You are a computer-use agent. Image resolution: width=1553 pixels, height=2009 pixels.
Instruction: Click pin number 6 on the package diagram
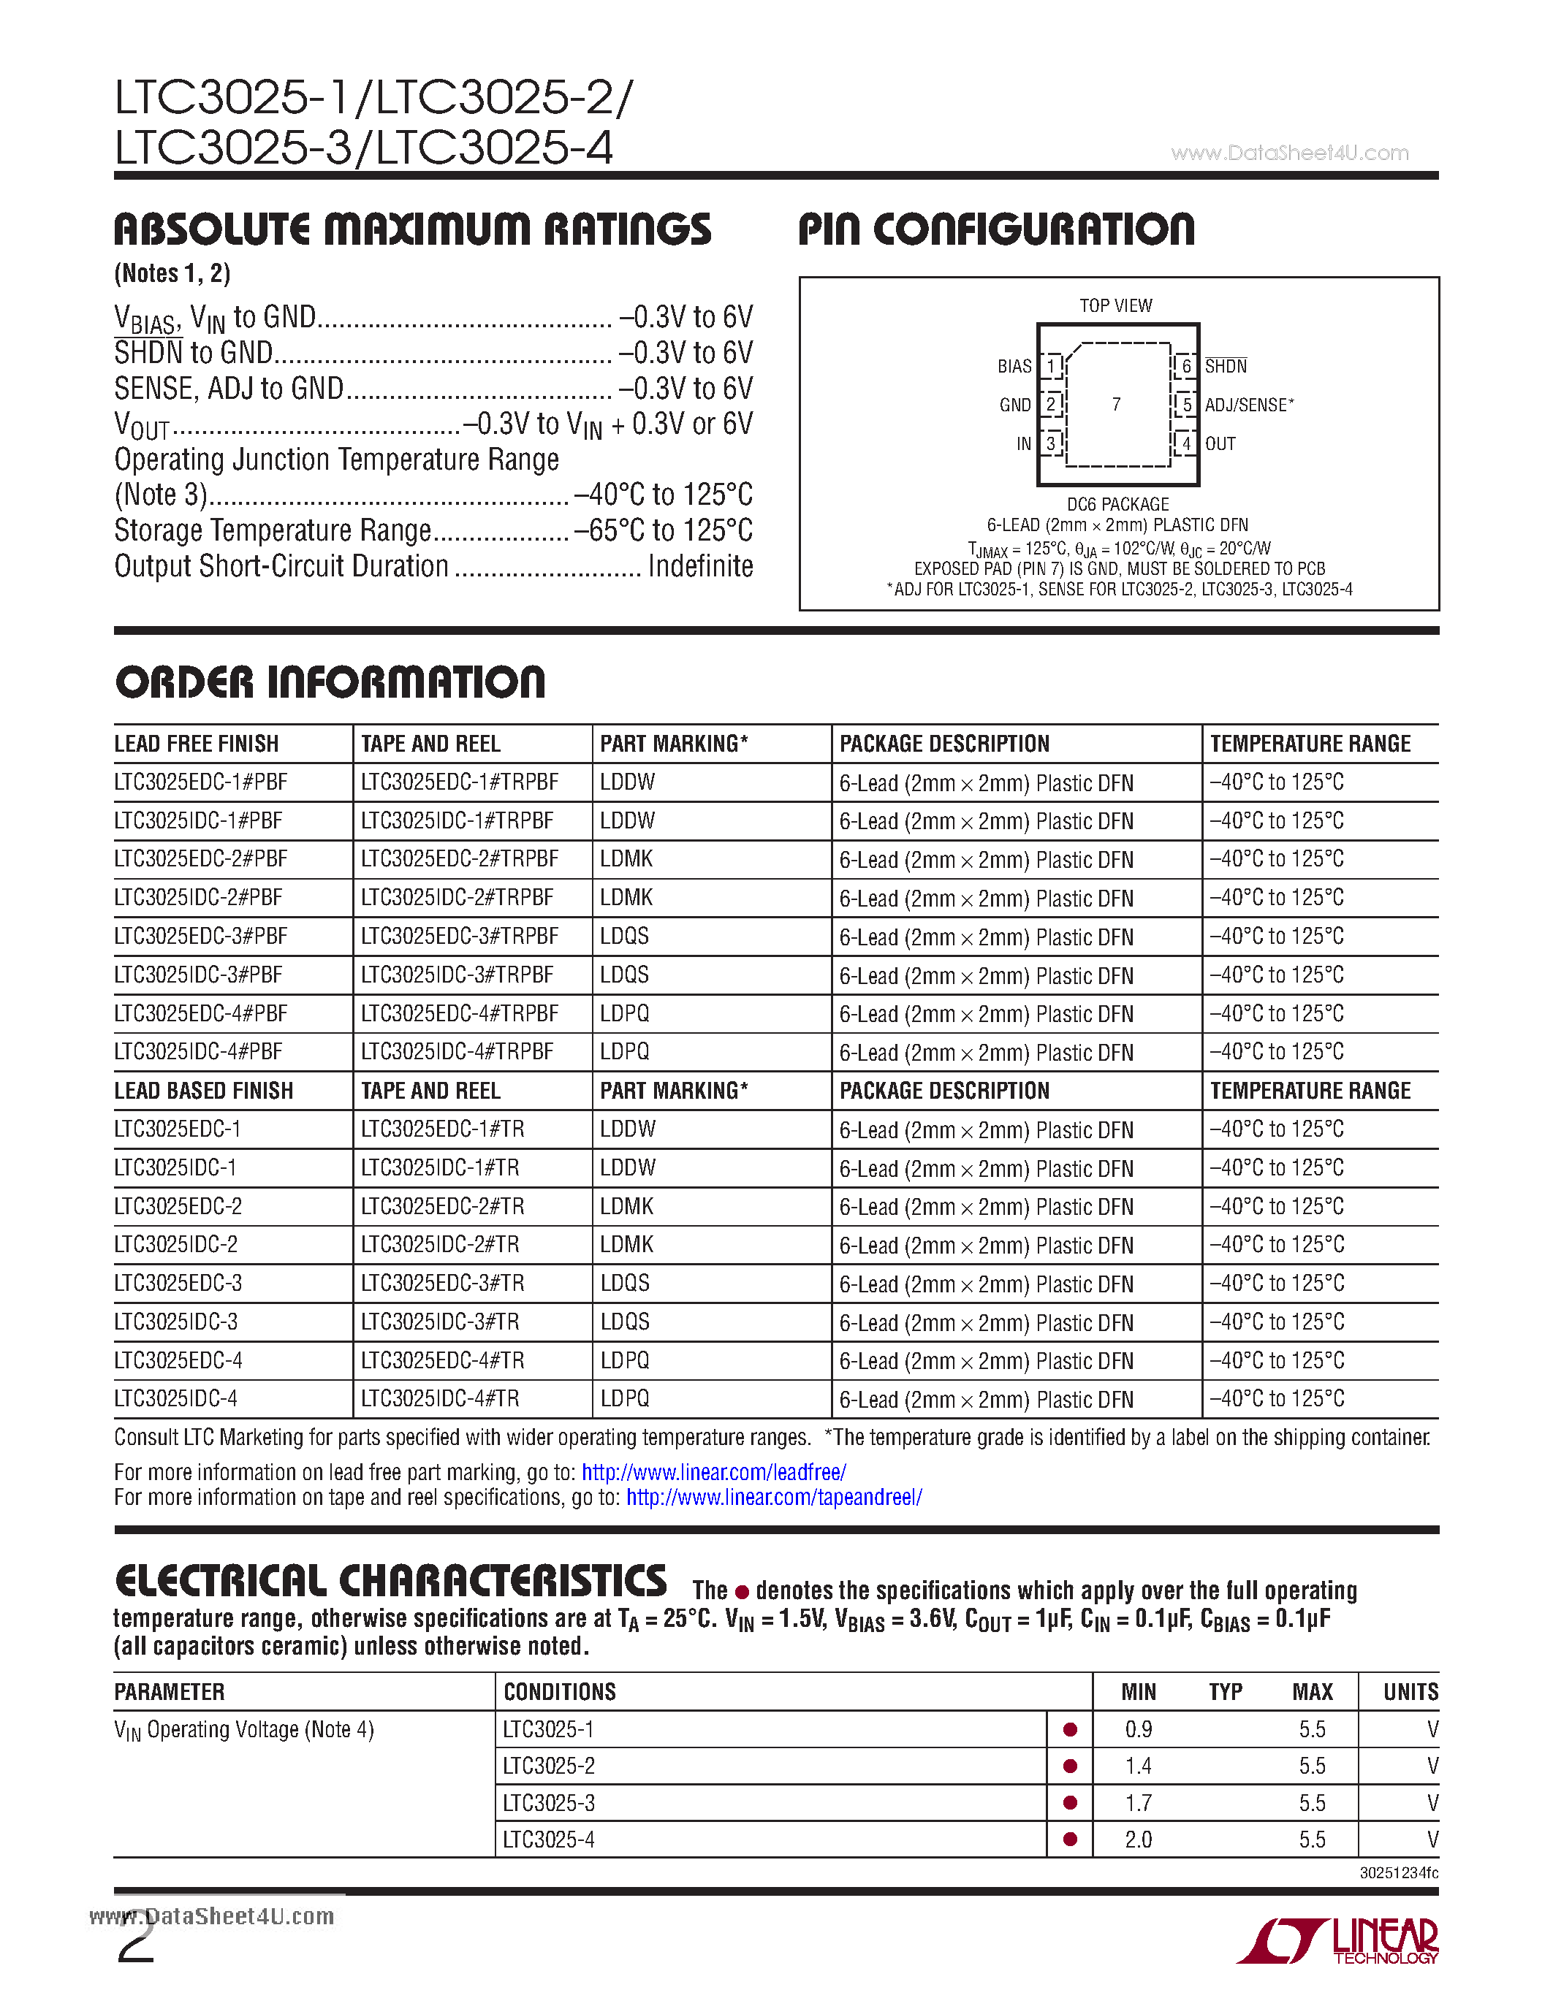pyautogui.click(x=1186, y=366)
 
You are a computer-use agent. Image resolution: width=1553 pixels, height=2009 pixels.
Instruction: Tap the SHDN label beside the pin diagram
pyautogui.click(x=1226, y=366)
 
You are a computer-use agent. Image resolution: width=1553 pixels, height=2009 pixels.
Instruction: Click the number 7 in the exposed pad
pyautogui.click(x=1116, y=405)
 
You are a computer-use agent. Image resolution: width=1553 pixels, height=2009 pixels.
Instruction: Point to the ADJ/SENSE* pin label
pyautogui.click(x=1248, y=405)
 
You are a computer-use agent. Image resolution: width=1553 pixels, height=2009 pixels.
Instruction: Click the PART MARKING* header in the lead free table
pyautogui.click(x=674, y=743)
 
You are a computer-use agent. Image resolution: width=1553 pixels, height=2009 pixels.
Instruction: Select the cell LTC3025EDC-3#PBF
pyautogui.click(x=200, y=937)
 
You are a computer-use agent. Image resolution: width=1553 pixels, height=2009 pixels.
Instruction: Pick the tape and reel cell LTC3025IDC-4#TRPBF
pyautogui.click(x=457, y=1051)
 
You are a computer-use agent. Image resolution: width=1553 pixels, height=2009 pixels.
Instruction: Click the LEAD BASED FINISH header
pyautogui.click(x=203, y=1091)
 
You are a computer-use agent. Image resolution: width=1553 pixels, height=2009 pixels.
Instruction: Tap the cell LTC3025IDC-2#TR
pyautogui.click(x=440, y=1245)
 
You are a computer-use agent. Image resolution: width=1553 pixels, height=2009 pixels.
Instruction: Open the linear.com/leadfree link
pyautogui.click(x=714, y=1472)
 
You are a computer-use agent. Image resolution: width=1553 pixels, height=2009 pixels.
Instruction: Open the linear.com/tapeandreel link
pyautogui.click(x=774, y=1498)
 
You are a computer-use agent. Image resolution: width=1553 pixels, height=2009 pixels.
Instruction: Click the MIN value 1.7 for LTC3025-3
pyautogui.click(x=1138, y=1803)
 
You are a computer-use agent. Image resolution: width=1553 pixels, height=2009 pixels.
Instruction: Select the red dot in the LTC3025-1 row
pyautogui.click(x=1070, y=1729)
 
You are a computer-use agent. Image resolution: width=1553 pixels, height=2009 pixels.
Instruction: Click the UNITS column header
pyautogui.click(x=1410, y=1692)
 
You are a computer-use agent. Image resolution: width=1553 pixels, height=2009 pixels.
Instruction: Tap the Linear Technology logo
pyautogui.click(x=1340, y=1941)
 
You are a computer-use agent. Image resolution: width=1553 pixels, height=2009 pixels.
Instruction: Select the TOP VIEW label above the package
pyautogui.click(x=1115, y=305)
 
